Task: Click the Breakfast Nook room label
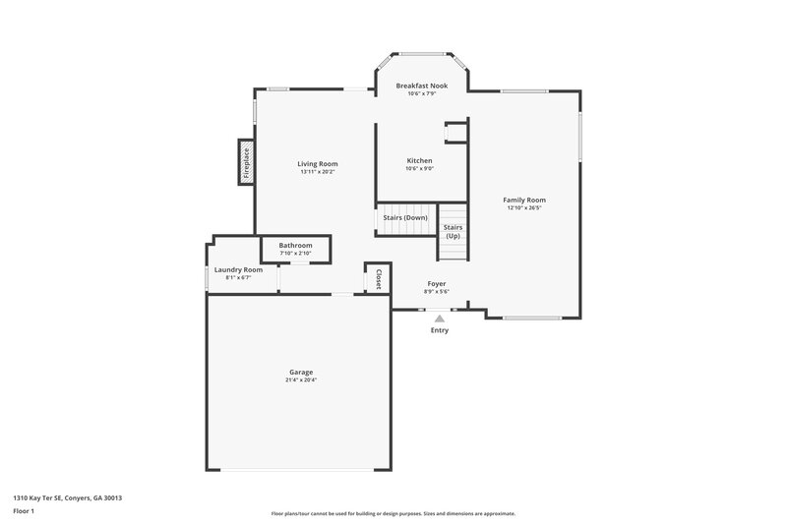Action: coord(421,86)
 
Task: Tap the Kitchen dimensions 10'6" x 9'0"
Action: coord(420,168)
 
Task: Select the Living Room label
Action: coord(318,163)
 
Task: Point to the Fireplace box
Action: coord(246,162)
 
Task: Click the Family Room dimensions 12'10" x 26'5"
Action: coord(524,207)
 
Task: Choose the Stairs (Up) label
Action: coord(453,232)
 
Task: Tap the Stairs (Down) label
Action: coord(405,216)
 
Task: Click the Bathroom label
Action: coord(295,245)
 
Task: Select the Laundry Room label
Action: coord(238,269)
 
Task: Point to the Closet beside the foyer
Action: coord(378,278)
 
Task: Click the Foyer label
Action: coord(436,283)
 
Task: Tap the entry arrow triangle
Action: coord(439,318)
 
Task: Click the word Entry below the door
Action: coord(439,329)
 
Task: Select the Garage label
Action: coord(301,372)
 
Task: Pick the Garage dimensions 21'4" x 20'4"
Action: coord(301,379)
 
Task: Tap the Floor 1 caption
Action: coord(24,511)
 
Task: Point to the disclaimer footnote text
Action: coord(393,513)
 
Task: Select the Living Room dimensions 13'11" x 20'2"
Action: coord(318,172)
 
